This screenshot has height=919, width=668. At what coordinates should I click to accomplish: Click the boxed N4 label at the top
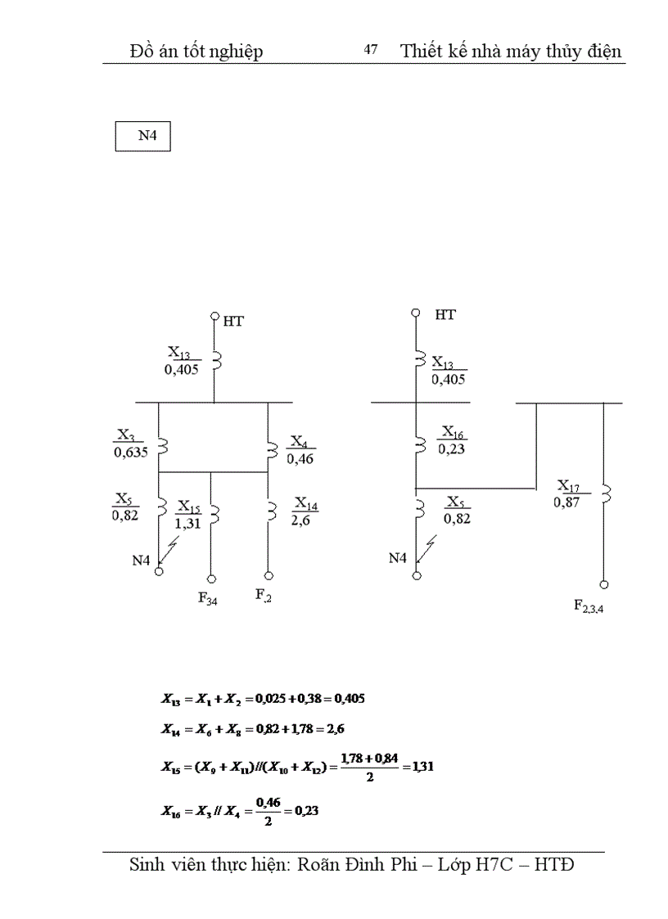tap(142, 137)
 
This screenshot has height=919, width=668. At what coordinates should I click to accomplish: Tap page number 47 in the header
tap(371, 51)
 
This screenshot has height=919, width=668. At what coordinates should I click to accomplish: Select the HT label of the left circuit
tap(233, 322)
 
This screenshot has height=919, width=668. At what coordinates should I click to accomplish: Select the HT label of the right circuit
tap(445, 315)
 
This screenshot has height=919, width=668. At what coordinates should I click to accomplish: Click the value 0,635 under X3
tap(131, 452)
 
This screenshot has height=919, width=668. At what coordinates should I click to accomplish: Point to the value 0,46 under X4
tap(300, 459)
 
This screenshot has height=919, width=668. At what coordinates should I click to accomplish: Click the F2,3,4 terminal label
tap(589, 606)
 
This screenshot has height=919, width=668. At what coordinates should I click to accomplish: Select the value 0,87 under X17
tap(566, 503)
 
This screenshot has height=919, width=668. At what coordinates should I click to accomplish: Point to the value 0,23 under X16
tap(453, 448)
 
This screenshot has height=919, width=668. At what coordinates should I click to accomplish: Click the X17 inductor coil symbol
tap(605, 493)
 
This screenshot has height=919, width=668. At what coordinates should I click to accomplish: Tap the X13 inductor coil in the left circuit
tap(216, 361)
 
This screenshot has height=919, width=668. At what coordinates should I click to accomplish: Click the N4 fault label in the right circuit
tap(398, 558)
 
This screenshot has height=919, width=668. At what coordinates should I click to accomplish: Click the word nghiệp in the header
tap(232, 52)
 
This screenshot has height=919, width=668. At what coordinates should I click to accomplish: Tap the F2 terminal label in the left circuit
tap(263, 596)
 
